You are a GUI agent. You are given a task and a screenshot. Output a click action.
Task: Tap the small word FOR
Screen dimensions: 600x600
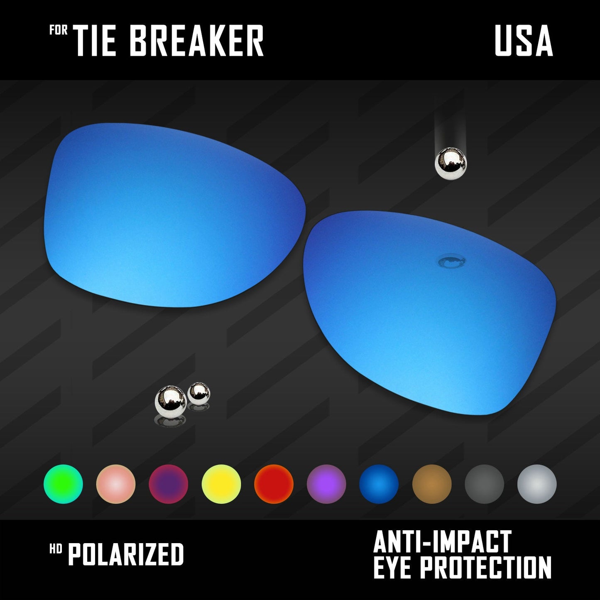[59, 30]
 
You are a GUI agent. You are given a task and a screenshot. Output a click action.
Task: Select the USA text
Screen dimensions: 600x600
[524, 40]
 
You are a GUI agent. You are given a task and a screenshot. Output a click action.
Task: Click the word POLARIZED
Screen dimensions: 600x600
[126, 554]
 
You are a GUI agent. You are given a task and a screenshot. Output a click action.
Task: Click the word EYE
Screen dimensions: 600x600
[393, 567]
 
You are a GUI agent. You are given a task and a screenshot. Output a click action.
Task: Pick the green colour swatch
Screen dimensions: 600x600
[63, 484]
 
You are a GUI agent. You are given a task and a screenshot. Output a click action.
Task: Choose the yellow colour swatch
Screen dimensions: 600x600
[221, 484]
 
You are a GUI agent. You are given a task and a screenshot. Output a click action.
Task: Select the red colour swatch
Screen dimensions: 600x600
[274, 484]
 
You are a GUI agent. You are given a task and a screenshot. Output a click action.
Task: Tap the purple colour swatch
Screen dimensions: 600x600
[326, 484]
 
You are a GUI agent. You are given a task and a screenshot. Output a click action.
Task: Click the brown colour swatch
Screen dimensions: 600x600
[432, 484]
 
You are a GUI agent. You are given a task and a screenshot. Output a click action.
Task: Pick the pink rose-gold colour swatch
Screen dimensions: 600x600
[116, 484]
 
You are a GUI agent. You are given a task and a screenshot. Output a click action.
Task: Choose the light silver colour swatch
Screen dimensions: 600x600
[537, 484]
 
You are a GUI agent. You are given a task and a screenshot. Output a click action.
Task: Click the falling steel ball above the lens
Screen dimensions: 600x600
[451, 164]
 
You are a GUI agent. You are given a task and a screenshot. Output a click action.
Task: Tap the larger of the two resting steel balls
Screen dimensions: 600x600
[171, 401]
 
